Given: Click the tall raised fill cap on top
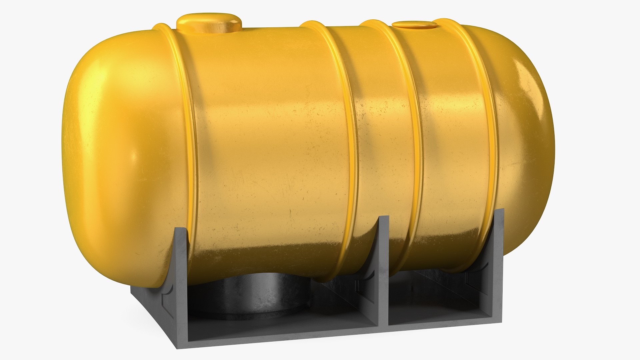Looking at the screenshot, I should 209,23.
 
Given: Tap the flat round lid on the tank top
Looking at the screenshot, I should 414,25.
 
